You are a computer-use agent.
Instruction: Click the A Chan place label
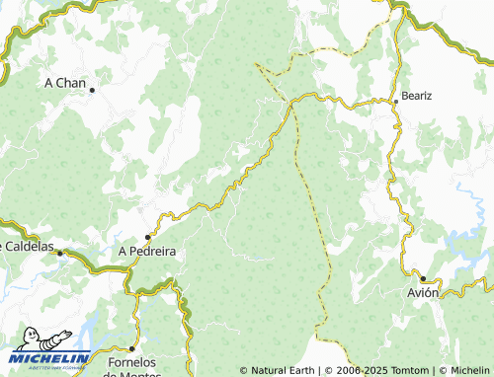[66, 83]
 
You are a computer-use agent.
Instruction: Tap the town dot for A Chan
[92, 90]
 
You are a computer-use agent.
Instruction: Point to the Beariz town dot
[395, 101]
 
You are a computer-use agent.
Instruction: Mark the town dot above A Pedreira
[148, 237]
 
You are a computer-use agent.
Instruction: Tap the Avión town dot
[422, 279]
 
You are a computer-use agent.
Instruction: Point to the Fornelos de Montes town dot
[132, 349]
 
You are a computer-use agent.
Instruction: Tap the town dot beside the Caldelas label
[59, 254]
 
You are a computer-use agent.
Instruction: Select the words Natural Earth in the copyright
[282, 370]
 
